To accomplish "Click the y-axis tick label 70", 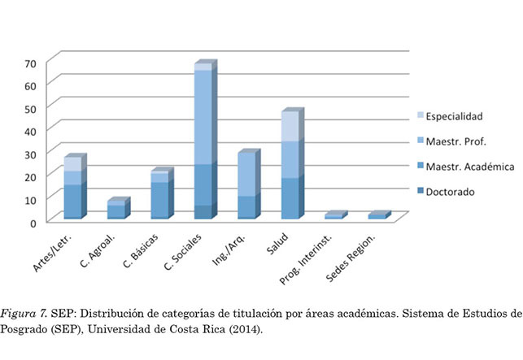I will click(x=30, y=63).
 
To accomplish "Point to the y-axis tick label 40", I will click(x=30, y=131).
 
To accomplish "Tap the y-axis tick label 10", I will click(x=30, y=199).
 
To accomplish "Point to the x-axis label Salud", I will click(x=283, y=239).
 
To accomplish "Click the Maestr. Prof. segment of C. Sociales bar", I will click(x=203, y=117).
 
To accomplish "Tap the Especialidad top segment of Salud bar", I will click(x=290, y=126).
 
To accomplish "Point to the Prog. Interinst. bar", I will click(x=333, y=216).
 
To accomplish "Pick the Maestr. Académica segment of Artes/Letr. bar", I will click(x=74, y=202).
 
